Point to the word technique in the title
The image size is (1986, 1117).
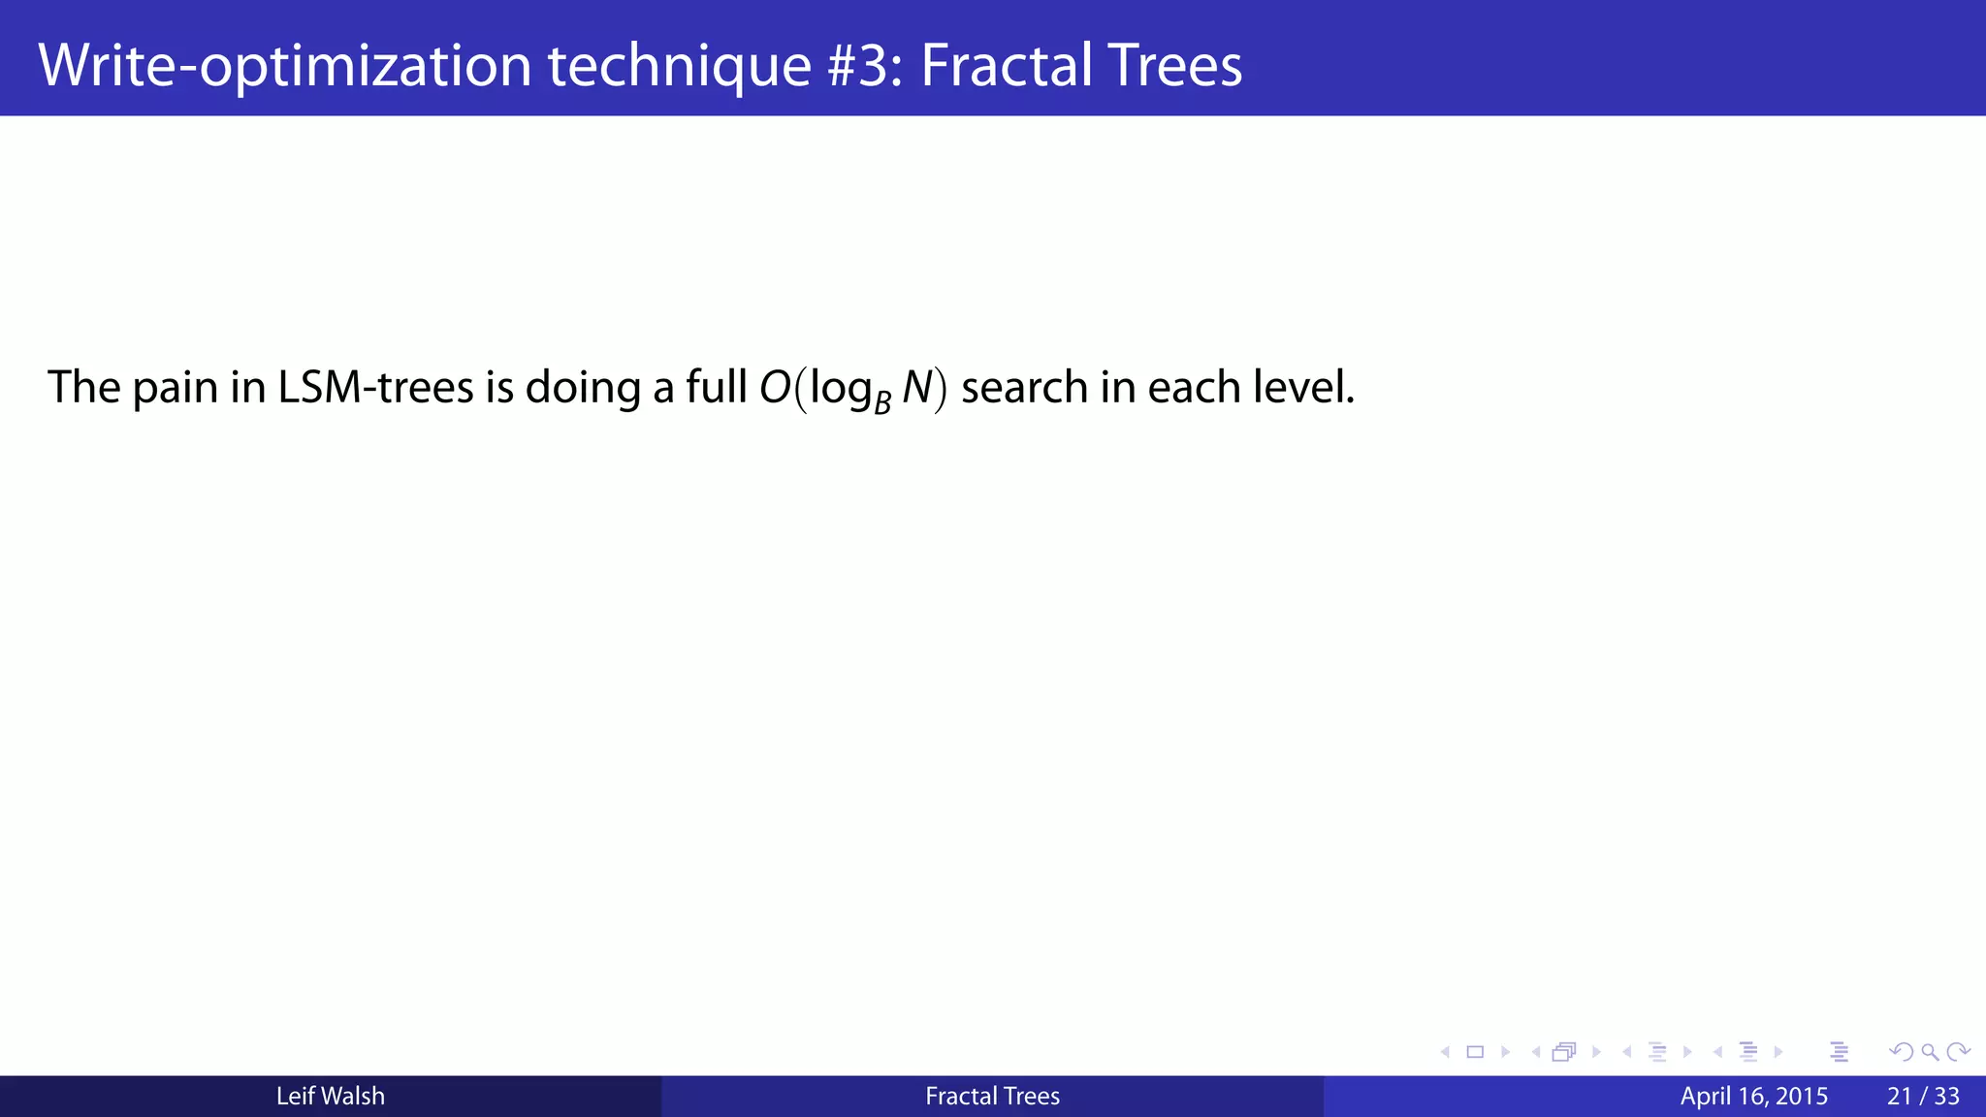pos(679,66)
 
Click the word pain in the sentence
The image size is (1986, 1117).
pos(175,388)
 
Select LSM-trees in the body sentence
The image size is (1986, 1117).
pos(375,388)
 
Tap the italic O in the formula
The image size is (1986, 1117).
pos(775,388)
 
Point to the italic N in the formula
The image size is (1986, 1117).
pos(916,388)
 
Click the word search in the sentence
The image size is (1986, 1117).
pos(1024,388)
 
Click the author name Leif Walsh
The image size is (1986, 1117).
pos(330,1097)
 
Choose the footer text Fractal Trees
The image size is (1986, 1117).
pos(992,1097)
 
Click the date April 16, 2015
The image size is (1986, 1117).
pos(1753,1097)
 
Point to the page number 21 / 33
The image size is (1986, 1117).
pos(1923,1097)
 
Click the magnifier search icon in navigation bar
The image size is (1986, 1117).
pos(1930,1052)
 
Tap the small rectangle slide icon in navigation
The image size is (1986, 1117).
pos(1475,1052)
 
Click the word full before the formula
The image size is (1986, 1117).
pos(717,388)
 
